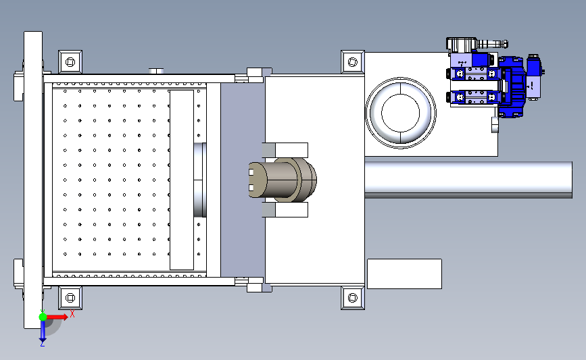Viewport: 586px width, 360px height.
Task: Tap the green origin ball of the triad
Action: [x=43, y=317]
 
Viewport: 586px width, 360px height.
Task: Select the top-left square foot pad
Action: [x=70, y=61]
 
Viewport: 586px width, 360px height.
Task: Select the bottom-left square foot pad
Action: [x=70, y=298]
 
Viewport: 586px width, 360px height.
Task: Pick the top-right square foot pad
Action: [x=352, y=61]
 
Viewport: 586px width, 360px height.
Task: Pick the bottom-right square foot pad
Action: [x=352, y=298]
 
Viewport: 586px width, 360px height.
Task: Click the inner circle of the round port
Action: [x=401, y=113]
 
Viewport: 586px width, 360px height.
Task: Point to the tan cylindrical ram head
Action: [x=282, y=180]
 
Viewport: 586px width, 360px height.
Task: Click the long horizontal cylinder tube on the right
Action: [x=468, y=180]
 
